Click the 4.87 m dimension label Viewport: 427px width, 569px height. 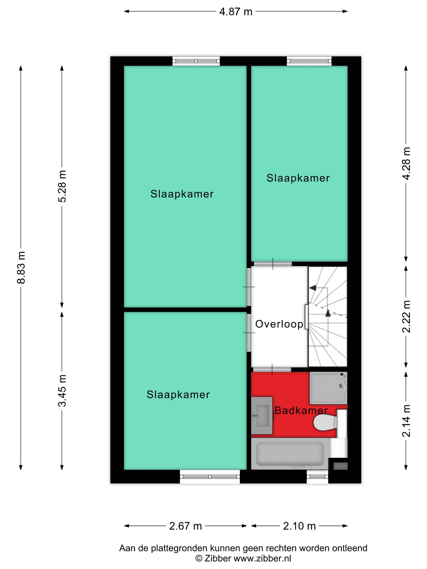(235, 12)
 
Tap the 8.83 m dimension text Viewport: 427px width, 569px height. (21, 268)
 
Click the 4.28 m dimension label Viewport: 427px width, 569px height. (406, 163)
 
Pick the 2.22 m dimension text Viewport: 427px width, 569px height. (406, 316)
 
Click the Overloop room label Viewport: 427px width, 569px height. (279, 324)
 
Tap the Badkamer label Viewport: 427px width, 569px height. (301, 410)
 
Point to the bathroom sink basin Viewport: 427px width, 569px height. (262, 415)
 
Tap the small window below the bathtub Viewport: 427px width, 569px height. (317, 477)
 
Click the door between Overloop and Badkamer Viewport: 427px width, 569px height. (272, 370)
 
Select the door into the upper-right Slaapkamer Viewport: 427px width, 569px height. (273, 264)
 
